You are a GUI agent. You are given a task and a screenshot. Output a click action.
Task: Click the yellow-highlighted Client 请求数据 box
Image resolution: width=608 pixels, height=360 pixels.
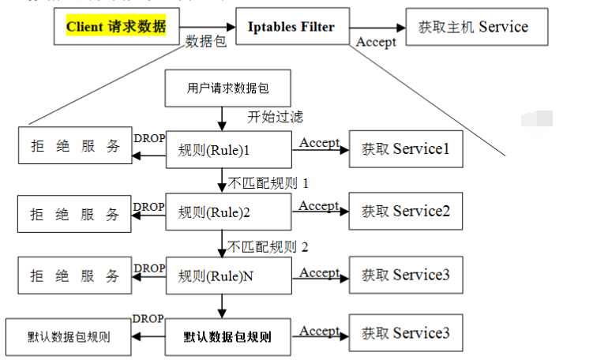116,28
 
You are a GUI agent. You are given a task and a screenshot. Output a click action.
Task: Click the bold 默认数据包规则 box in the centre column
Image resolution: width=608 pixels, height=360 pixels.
228,337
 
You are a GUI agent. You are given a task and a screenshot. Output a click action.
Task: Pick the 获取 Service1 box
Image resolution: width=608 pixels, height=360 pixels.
405,148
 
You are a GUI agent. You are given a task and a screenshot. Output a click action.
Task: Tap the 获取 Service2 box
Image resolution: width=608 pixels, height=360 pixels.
405,212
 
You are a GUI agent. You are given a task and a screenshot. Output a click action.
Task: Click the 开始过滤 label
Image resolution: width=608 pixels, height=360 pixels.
276,117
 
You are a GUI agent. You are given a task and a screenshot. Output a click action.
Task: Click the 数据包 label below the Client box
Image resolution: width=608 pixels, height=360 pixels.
206,42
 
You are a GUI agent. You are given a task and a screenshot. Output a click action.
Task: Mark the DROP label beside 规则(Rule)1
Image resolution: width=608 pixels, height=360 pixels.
149,139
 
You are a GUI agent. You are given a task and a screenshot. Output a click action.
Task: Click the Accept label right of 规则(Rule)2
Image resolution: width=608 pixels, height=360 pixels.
319,206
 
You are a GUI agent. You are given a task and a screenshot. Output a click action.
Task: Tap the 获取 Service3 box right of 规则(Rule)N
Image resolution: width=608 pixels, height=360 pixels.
405,276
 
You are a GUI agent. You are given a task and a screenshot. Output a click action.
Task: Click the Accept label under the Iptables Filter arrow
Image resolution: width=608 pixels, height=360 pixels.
376,43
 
